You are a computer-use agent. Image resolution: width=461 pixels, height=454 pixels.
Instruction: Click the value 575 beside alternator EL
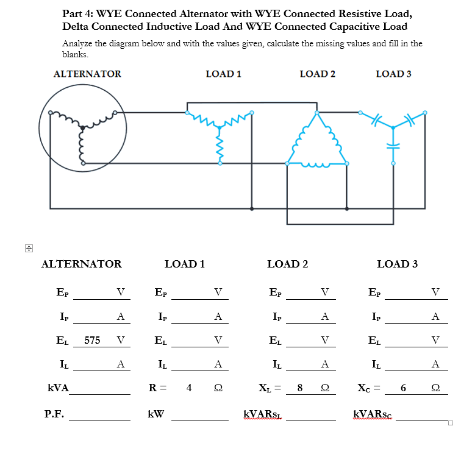point(93,340)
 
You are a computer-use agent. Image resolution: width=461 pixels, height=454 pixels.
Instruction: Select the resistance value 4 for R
point(190,388)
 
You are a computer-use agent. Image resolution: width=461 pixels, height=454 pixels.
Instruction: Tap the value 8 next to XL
point(299,388)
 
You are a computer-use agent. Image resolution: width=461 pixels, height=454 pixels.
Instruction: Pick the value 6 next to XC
point(403,388)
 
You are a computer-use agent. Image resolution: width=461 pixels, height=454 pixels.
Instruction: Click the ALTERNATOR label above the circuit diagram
point(87,74)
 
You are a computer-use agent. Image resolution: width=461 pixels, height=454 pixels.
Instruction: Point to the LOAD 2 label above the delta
point(317,74)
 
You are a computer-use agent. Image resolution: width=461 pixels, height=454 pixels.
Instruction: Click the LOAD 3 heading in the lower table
point(397,264)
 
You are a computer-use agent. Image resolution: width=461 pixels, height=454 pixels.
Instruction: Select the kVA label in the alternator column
point(59,388)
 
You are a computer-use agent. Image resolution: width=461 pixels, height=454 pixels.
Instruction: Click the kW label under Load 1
point(156,414)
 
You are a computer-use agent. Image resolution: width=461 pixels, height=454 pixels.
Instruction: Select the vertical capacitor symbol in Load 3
point(393,147)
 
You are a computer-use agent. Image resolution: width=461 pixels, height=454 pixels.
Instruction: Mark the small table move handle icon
point(28,248)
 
